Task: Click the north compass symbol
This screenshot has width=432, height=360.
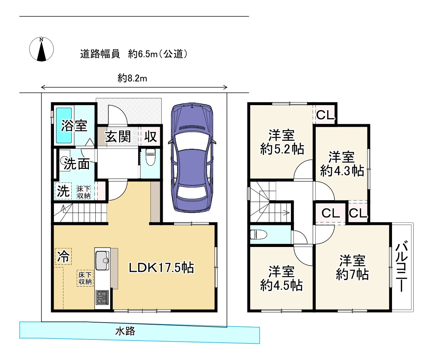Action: pos(41,49)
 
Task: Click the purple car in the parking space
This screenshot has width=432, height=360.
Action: pos(192,158)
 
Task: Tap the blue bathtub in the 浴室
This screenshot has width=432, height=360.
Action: pos(64,125)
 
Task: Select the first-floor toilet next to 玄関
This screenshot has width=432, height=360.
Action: pos(150,157)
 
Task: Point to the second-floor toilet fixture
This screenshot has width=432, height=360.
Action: pos(258,235)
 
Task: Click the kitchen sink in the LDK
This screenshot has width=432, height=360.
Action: pos(102,261)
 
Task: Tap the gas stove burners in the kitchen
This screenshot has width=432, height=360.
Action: pos(102,297)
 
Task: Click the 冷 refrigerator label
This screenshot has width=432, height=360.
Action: pos(63,256)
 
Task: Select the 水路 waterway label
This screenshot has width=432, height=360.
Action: pos(125,331)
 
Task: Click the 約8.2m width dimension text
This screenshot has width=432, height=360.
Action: pos(132,78)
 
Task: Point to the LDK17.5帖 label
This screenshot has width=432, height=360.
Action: pos(161,267)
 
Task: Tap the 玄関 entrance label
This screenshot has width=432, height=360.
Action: pos(118,136)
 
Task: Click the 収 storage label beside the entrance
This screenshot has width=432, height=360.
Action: pos(150,136)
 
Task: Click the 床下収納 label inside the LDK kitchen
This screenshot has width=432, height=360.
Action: pos(85,278)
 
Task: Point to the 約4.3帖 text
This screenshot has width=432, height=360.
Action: pos(342,171)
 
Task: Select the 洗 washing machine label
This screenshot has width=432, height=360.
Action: pos(63,191)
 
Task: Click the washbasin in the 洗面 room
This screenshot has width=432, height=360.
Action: pos(63,161)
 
